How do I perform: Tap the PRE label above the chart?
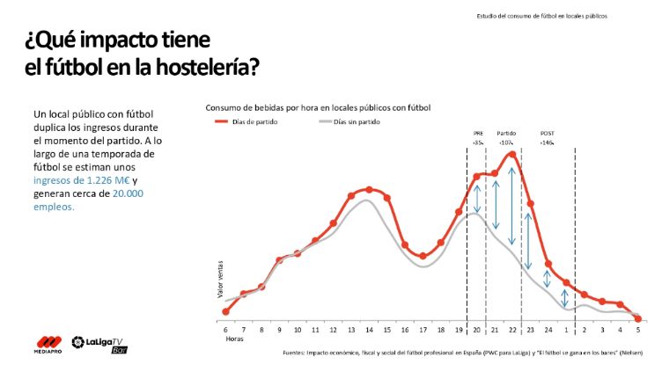point(477,133)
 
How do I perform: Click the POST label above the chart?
point(547,133)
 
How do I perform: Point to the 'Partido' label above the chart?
point(506,133)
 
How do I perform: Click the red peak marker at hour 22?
point(511,155)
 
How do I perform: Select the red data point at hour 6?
point(226,311)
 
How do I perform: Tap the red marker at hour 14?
point(369,189)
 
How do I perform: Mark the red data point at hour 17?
point(423,256)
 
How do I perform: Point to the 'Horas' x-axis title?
point(233,339)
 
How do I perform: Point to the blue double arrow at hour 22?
point(511,205)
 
